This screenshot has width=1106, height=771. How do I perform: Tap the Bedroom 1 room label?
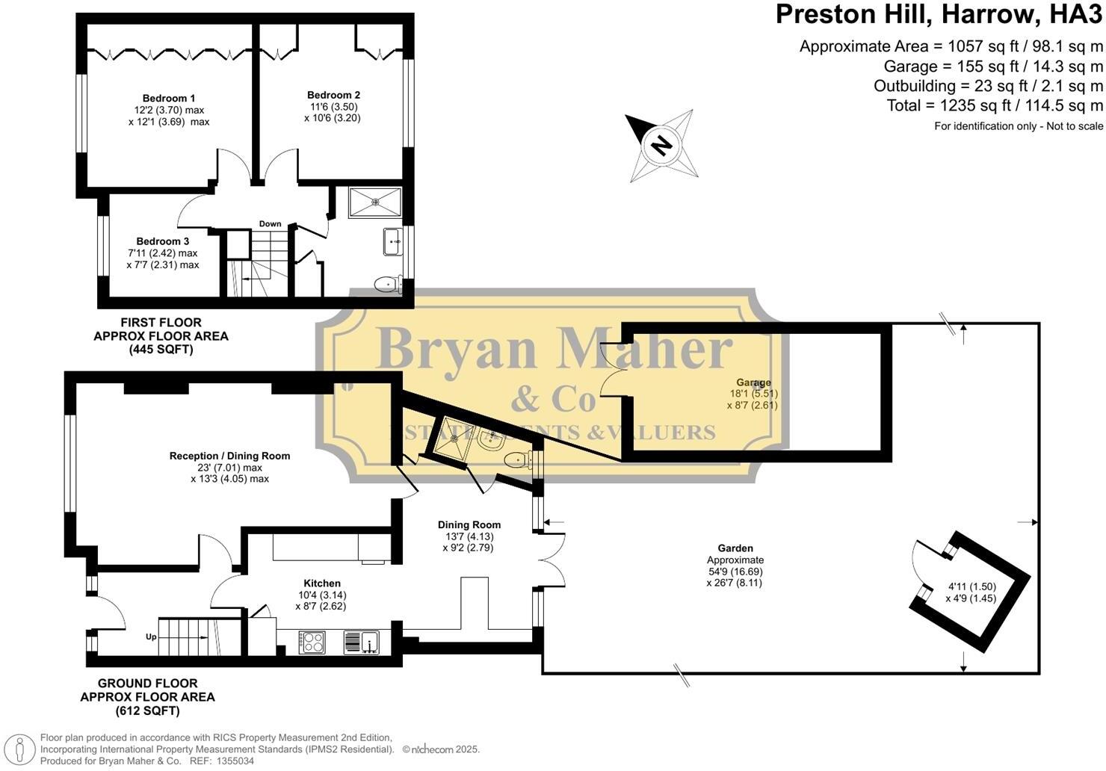tap(169, 98)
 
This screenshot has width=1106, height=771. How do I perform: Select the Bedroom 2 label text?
tap(333, 95)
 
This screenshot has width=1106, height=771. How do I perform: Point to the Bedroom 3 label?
tap(163, 241)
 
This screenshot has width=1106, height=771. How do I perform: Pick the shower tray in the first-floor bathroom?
tap(375, 202)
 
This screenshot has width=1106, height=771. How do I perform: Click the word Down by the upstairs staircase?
tap(270, 223)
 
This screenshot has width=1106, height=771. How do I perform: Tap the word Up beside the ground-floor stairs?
tap(151, 637)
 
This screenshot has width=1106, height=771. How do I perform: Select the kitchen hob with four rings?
tap(312, 642)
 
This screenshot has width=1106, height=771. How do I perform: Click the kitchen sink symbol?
tap(362, 642)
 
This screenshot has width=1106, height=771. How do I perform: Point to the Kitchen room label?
tap(322, 583)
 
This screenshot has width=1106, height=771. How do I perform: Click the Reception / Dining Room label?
tap(229, 456)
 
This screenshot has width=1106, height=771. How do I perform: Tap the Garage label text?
tap(753, 383)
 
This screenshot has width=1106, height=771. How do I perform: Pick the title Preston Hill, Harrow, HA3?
tap(939, 15)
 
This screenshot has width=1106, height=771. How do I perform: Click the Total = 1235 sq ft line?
tap(995, 105)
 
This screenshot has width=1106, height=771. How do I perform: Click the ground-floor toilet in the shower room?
tap(516, 459)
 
